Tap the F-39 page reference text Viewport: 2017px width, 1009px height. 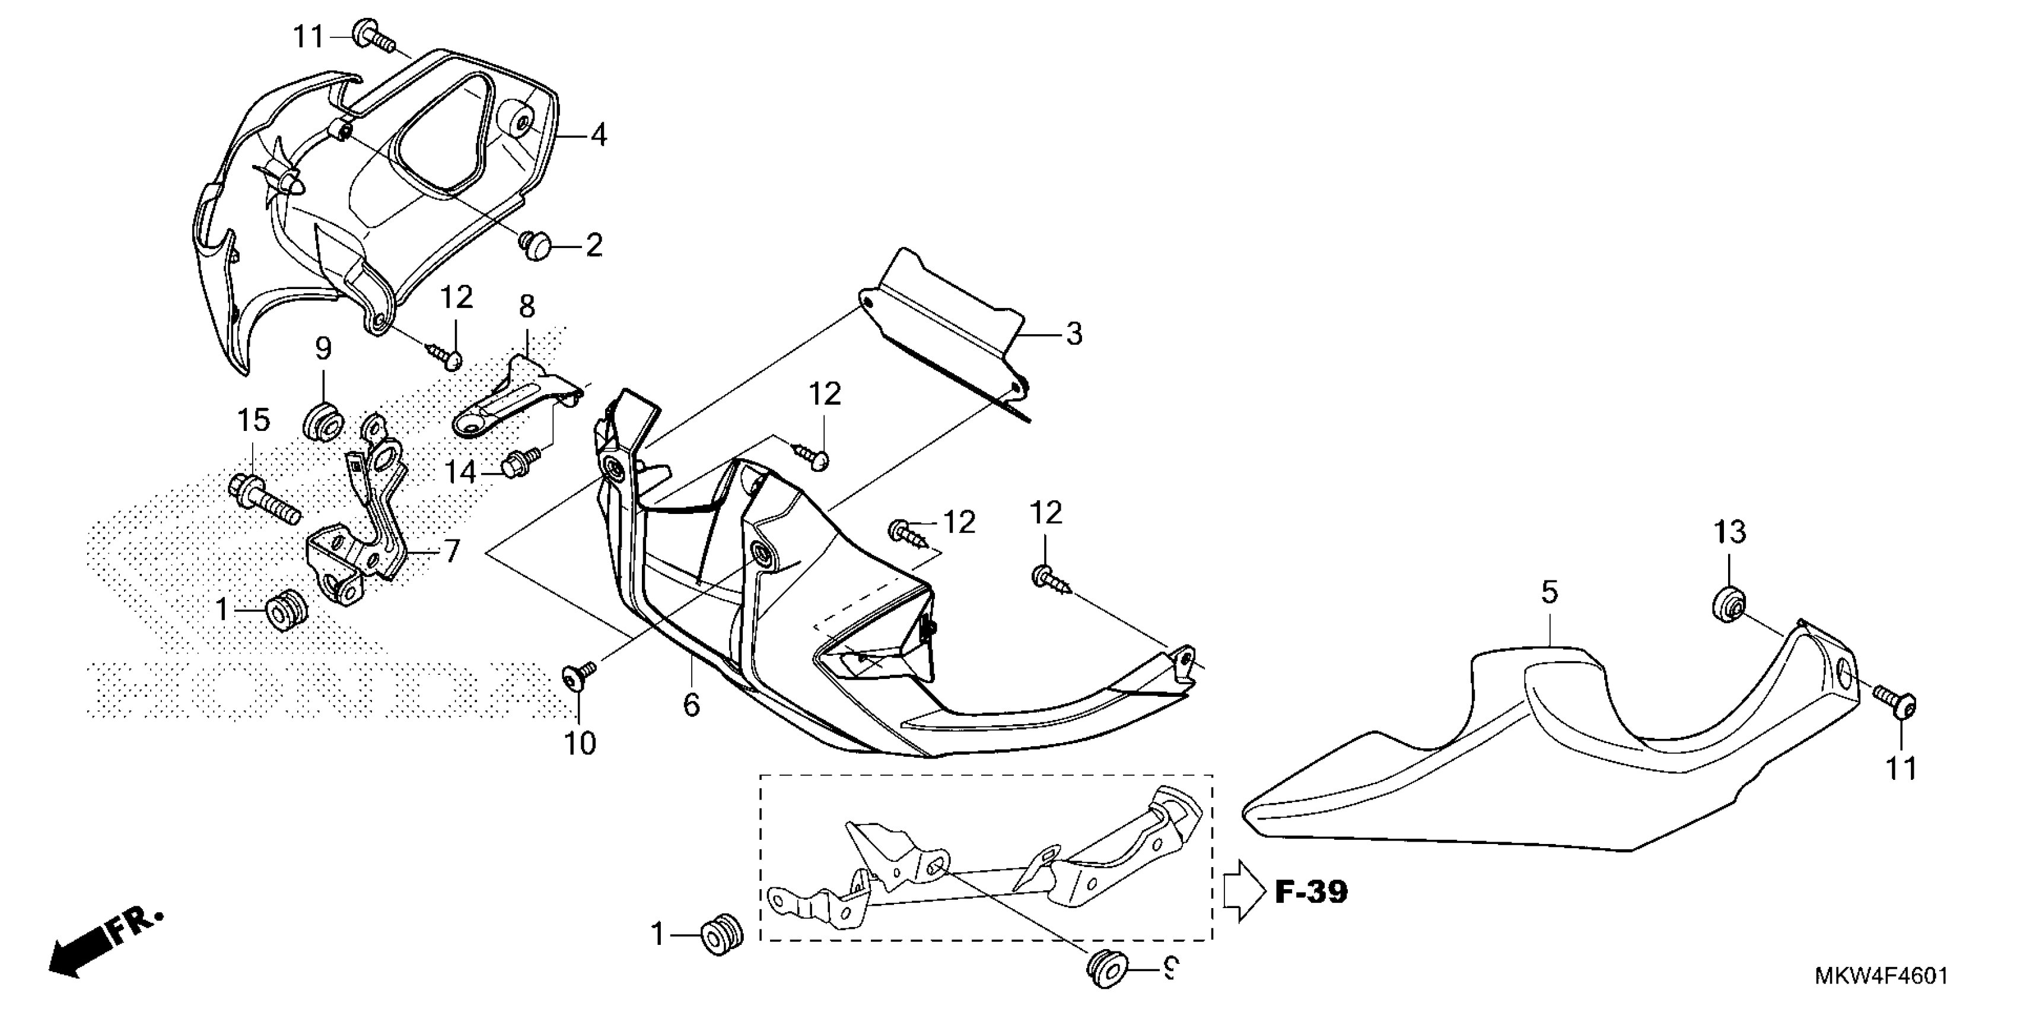[x=1312, y=892]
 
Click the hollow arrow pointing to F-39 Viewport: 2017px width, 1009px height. [x=1244, y=891]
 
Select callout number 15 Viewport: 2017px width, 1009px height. [x=254, y=421]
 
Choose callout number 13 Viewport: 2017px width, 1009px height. [x=1730, y=533]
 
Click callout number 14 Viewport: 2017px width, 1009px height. [x=460, y=472]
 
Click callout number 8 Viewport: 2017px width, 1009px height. [x=527, y=307]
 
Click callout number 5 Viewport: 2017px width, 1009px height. [x=1550, y=593]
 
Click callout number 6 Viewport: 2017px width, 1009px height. [x=691, y=705]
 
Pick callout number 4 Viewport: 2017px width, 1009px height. [x=598, y=135]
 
